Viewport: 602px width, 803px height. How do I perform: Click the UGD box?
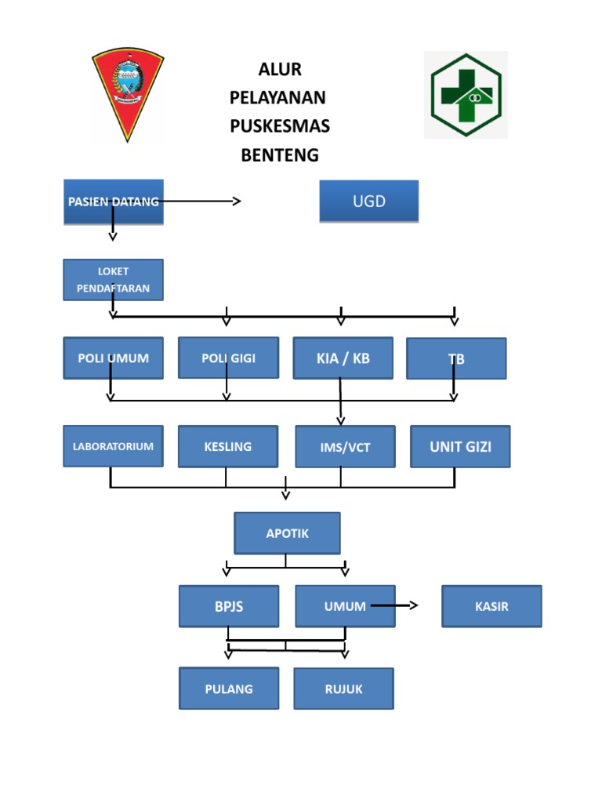[369, 201]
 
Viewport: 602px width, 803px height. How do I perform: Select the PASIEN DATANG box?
[114, 202]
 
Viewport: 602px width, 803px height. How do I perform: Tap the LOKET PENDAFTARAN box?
[113, 280]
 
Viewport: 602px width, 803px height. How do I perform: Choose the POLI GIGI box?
[228, 358]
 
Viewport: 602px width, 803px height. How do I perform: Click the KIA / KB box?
[343, 358]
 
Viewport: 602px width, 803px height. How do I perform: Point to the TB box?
[456, 358]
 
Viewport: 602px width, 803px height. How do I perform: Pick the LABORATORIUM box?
[113, 446]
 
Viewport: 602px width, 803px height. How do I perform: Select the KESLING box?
[228, 446]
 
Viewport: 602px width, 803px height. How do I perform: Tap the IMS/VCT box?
[346, 446]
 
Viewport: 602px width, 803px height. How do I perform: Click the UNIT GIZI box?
[460, 446]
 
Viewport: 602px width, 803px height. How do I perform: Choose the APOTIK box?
[287, 533]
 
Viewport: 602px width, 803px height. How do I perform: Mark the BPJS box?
[229, 606]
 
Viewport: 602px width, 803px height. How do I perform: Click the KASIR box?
[492, 606]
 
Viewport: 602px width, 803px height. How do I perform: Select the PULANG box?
[229, 689]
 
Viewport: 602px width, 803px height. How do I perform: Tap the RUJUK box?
[344, 689]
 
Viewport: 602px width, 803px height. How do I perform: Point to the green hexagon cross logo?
[466, 95]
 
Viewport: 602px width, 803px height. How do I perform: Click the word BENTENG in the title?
[280, 155]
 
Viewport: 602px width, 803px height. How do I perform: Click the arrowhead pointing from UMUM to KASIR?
[414, 605]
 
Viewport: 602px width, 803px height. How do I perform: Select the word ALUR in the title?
[280, 69]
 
